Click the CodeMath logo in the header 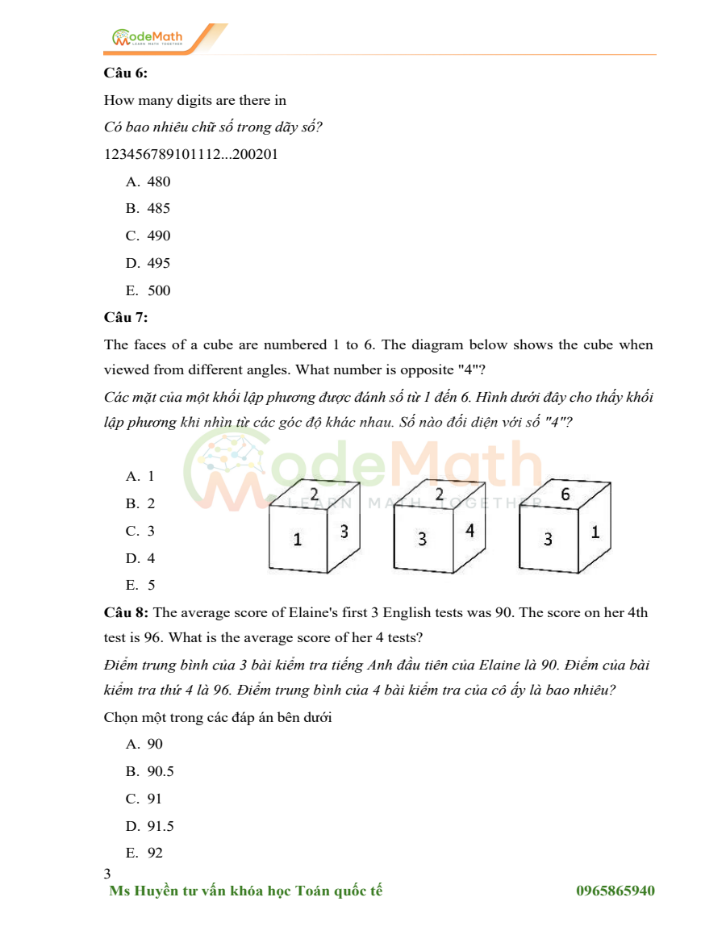[x=148, y=37]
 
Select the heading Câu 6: [x=126, y=73]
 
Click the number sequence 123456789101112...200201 [x=191, y=154]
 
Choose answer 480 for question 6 [x=159, y=182]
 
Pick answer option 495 [x=159, y=263]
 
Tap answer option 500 [x=159, y=290]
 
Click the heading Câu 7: [x=126, y=317]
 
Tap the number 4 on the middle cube [x=469, y=531]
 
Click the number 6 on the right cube [x=565, y=495]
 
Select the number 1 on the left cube [x=297, y=540]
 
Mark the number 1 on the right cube [x=595, y=532]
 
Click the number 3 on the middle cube [x=422, y=539]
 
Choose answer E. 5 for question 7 [x=150, y=586]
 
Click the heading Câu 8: [x=126, y=612]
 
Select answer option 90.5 [x=161, y=771]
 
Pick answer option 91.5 [x=161, y=826]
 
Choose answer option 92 [x=155, y=853]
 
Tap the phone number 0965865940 [x=615, y=891]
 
